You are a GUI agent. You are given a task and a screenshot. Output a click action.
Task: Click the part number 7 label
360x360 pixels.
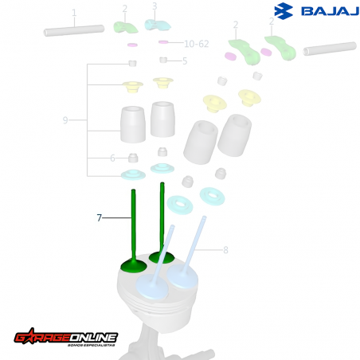click(x=99, y=217)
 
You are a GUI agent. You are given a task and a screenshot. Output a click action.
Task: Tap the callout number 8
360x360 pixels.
click(x=225, y=250)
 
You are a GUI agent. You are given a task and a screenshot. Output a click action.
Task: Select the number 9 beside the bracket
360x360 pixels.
click(x=65, y=120)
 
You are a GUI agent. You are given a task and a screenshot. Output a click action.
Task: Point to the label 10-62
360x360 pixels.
click(x=196, y=43)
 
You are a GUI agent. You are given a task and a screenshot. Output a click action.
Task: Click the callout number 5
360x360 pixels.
click(x=185, y=61)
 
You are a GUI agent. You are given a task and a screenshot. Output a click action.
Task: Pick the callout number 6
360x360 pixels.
click(x=112, y=158)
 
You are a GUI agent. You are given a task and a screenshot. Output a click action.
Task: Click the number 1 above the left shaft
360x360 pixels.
click(x=74, y=14)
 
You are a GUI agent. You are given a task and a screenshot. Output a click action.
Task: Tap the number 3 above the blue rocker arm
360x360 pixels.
click(x=155, y=7)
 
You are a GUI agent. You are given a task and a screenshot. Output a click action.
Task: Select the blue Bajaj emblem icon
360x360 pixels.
click(x=284, y=11)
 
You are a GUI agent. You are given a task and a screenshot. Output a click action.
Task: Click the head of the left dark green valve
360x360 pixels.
click(x=131, y=264)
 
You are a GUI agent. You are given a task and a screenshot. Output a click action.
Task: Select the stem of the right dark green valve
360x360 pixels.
click(x=163, y=215)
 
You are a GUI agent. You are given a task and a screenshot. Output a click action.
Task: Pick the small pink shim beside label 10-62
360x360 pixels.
click(x=163, y=42)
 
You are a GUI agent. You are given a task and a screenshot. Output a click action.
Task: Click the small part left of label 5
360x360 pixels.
click(x=163, y=61)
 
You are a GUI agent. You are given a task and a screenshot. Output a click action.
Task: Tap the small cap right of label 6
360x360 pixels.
click(x=134, y=157)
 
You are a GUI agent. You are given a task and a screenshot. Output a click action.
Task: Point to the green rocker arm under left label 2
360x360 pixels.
click(x=125, y=26)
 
